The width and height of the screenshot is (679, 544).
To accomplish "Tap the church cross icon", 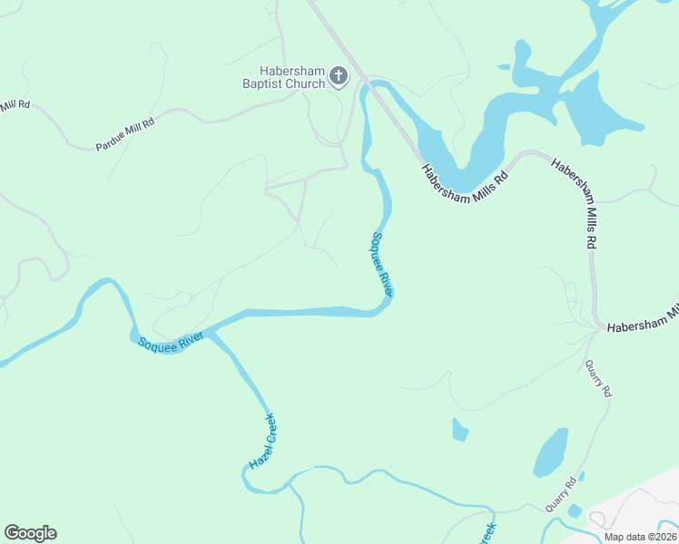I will click(x=339, y=76).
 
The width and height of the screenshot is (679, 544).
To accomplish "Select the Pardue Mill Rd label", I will click(x=125, y=133).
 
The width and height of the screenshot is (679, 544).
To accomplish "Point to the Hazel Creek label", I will click(x=262, y=442).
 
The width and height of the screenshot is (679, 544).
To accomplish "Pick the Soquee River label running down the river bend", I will click(x=381, y=265).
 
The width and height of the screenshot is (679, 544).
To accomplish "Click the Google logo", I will click(x=30, y=533).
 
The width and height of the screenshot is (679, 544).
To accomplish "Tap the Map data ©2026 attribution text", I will click(x=640, y=536).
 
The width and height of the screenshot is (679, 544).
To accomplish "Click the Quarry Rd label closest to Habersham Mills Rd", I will click(x=598, y=378).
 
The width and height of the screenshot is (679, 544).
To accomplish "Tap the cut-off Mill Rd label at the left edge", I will click(x=15, y=105).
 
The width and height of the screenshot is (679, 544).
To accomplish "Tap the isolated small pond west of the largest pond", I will click(x=460, y=430).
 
